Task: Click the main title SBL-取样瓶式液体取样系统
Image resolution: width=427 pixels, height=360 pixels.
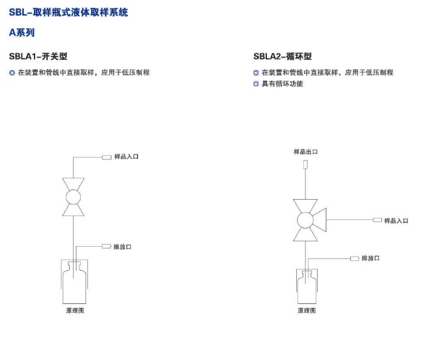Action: (68, 12)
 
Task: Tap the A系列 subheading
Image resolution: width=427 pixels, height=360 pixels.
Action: (21, 33)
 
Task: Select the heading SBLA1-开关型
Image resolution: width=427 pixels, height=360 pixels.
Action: (38, 57)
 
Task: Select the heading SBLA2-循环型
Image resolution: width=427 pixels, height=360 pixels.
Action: (282, 57)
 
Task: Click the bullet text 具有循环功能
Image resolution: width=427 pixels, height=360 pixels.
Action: (282, 83)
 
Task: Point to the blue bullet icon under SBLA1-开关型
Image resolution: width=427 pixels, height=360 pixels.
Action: (12, 73)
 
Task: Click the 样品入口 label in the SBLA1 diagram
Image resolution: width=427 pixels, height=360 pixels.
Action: (126, 157)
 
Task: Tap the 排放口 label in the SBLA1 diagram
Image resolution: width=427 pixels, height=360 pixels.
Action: (122, 247)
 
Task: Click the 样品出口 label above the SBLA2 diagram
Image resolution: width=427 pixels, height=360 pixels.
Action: (305, 152)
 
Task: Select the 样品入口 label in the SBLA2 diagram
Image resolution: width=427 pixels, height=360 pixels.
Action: (396, 221)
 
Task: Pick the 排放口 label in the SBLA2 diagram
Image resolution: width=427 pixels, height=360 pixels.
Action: (370, 258)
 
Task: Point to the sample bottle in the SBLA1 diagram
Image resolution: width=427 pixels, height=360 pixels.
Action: (74, 283)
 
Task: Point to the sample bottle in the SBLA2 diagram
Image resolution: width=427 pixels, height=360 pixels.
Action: (307, 286)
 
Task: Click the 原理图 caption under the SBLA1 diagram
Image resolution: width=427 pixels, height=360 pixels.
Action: (75, 311)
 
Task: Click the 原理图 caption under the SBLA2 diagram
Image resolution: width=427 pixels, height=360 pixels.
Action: (307, 311)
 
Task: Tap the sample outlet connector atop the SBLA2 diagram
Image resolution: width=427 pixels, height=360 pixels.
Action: (305, 164)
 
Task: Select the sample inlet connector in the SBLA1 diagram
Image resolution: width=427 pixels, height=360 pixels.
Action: (107, 157)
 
